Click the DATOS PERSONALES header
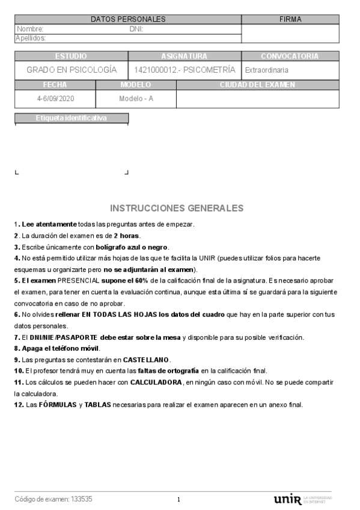[x=128, y=19]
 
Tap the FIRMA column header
[x=290, y=19]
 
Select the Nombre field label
[x=30, y=29]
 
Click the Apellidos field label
[x=31, y=38]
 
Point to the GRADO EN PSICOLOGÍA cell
[x=72, y=70]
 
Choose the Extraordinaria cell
[x=266, y=70]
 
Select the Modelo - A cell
[x=136, y=98]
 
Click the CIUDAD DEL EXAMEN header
[x=257, y=85]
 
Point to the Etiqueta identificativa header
[x=71, y=118]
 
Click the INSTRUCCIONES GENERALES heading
[x=177, y=208]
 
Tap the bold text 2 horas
[x=127, y=235]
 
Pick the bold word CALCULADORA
[x=157, y=382]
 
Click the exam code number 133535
[x=81, y=499]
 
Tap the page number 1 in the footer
[x=178, y=500]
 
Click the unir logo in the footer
[x=287, y=499]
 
